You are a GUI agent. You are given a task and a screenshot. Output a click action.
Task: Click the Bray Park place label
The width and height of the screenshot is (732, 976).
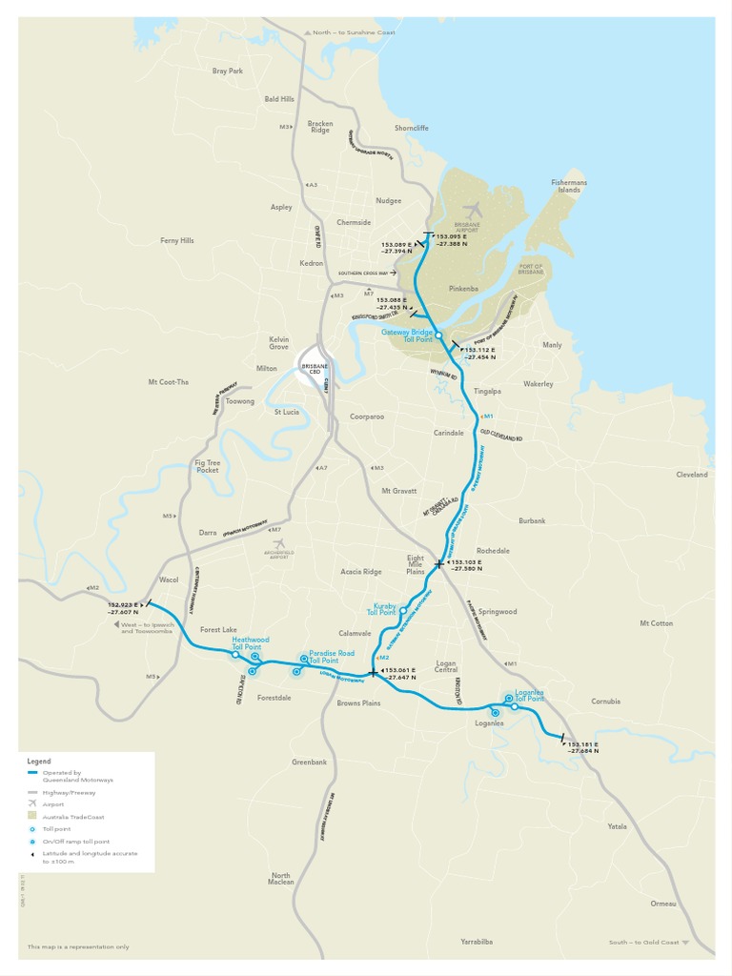228,71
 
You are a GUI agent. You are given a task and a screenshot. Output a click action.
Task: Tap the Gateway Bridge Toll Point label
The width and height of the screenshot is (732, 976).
407,335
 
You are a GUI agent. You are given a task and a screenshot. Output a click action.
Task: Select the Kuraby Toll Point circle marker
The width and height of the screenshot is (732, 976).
403,610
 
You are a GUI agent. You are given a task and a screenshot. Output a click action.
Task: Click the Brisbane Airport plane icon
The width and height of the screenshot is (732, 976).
472,211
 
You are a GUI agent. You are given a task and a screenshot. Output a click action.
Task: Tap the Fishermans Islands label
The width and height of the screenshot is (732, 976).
569,186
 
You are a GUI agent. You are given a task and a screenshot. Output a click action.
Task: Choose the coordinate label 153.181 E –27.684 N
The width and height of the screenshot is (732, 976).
584,747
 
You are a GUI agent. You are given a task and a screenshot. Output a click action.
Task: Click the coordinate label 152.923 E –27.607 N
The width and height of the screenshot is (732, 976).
123,608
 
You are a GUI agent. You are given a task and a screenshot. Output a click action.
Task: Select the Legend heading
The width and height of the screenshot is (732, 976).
39,762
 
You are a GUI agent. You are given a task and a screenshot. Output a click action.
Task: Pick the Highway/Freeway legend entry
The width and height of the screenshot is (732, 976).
69,792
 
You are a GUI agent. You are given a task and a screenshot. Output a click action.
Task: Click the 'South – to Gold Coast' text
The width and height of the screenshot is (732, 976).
644,943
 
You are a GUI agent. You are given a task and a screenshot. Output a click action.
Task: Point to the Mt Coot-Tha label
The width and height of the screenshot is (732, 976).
169,382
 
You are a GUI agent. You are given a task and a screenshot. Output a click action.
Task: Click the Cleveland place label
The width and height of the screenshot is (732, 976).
692,474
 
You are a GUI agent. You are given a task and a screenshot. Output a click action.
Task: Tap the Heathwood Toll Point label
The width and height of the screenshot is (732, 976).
251,643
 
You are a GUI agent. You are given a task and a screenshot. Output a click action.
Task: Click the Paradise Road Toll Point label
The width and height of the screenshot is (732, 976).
332,657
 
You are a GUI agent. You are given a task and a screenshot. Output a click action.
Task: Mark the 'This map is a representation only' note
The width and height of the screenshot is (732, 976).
78,946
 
